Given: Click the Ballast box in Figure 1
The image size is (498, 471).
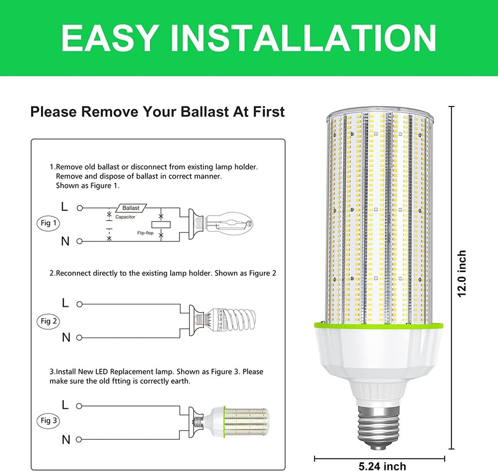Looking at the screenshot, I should tap(131, 208).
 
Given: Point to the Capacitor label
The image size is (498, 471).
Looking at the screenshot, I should tap(125, 217).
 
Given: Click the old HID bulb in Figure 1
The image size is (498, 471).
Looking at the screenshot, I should tap(228, 224).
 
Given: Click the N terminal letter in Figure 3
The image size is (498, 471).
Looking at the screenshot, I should tap(66, 440).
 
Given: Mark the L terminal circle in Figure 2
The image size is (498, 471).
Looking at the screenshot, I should tap(80, 304).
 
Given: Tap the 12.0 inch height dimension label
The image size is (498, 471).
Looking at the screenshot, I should tap(462, 274).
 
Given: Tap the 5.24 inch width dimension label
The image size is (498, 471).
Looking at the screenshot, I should tap(382, 466).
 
